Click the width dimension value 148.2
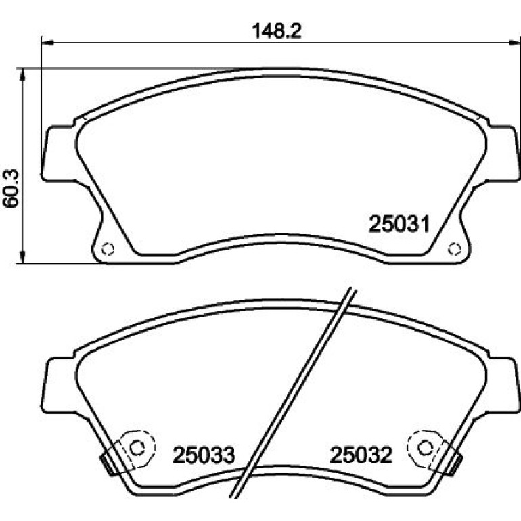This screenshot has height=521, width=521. (x=277, y=31)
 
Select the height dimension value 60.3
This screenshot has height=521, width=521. (x=12, y=188)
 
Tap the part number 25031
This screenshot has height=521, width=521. (x=399, y=224)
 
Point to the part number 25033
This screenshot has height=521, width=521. (x=204, y=455)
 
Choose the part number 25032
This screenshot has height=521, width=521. (x=361, y=455)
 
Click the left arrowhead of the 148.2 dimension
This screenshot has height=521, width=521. (x=47, y=42)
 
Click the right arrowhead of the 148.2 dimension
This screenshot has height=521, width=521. (x=514, y=42)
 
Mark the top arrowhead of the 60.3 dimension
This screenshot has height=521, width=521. (x=22, y=74)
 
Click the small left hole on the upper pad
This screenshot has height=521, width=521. (x=108, y=249)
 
